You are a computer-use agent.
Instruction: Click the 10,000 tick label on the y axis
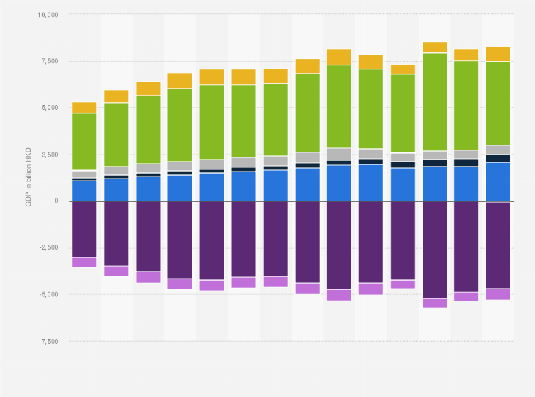tap(49, 14)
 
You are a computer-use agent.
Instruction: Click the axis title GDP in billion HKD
tap(28, 177)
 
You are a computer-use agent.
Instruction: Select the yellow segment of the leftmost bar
tap(84, 108)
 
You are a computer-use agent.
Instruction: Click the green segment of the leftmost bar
tap(84, 142)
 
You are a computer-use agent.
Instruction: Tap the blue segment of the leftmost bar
tap(84, 191)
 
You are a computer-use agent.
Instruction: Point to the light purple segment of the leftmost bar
tap(84, 262)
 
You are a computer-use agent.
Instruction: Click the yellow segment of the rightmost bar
tap(498, 54)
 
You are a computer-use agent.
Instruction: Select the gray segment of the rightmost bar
tap(498, 150)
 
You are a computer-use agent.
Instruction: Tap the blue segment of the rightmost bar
tap(498, 181)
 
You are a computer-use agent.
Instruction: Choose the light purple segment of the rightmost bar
tap(498, 294)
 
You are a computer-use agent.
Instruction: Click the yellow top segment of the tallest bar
tap(434, 47)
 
